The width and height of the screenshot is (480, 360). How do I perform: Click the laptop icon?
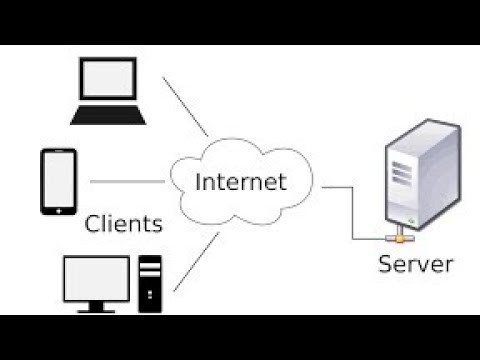click(x=109, y=92)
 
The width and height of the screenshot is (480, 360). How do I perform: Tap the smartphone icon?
click(x=58, y=181)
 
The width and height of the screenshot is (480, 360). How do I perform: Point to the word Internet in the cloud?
click(x=241, y=182)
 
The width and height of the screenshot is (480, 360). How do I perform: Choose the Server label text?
click(x=416, y=264)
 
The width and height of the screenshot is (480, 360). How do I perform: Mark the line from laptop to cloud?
click(x=185, y=105)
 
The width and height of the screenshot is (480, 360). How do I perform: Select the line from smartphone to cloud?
click(x=127, y=182)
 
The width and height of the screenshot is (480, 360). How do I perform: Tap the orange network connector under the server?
click(x=397, y=239)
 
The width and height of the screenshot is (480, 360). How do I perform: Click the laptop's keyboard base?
click(x=109, y=115)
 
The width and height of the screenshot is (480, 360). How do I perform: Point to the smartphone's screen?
click(x=58, y=179)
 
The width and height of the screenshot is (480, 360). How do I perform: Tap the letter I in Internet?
click(x=198, y=182)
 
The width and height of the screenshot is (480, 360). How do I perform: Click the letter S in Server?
click(x=385, y=264)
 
